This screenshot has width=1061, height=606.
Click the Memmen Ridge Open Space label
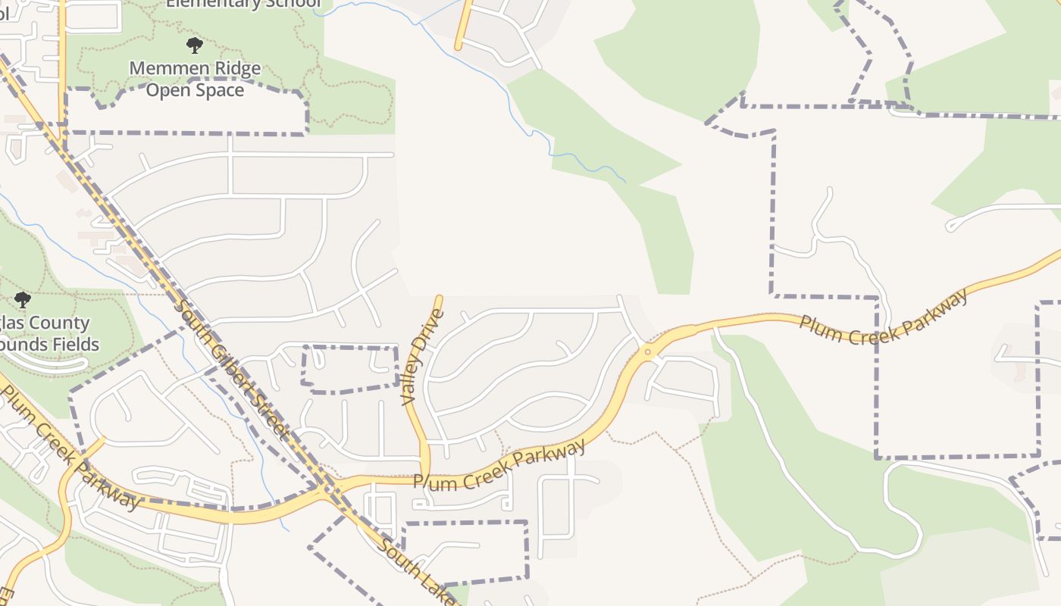pyautogui.click(x=195, y=79)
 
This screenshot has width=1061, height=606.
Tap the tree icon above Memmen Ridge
pyautogui.click(x=195, y=45)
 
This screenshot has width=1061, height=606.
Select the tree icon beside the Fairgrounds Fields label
pyautogui.click(x=23, y=300)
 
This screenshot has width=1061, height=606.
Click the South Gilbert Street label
pyautogui.click(x=232, y=370)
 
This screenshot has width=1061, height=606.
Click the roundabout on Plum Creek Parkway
pyautogui.click(x=647, y=351)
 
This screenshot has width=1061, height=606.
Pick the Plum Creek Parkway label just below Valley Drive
pyautogui.click(x=500, y=464)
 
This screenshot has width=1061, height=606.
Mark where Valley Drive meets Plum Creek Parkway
pyautogui.click(x=425, y=478)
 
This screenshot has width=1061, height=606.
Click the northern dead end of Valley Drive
pyautogui.click(x=439, y=298)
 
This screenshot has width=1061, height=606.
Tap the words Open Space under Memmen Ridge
pyautogui.click(x=195, y=90)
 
